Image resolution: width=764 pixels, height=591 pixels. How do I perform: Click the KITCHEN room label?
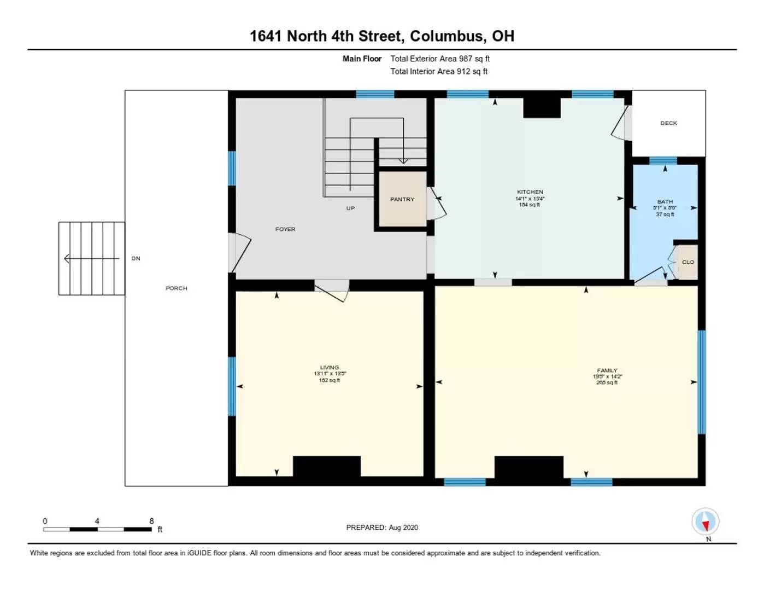coord(530,192)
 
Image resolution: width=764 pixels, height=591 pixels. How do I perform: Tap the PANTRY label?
coord(402,199)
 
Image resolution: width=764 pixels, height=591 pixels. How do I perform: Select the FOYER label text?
coord(285,229)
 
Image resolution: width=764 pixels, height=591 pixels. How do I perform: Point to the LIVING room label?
coord(330,367)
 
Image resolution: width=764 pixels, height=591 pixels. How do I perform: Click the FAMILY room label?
coord(607,370)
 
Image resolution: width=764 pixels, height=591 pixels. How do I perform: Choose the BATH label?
coord(665,202)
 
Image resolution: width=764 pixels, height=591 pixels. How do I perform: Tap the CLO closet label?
coord(687,262)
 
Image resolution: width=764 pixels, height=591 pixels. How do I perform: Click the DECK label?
coord(668,123)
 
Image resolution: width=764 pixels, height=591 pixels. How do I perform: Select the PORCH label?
coord(177,288)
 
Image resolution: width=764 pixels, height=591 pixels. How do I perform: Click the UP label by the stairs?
coord(350,208)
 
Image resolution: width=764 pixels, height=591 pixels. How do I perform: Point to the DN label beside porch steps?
coord(136,258)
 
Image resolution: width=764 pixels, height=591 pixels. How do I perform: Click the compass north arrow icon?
coord(705,522)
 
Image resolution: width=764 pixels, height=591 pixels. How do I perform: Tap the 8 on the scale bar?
coord(151,521)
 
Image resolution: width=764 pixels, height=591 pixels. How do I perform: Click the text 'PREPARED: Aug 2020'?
coord(382,528)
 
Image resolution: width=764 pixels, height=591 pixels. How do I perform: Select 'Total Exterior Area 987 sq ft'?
coord(439,59)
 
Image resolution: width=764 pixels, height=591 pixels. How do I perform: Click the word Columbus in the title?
coord(446,36)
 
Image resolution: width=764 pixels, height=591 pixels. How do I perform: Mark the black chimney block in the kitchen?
coord(542,108)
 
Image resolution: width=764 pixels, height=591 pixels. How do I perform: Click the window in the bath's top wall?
coord(662,160)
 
